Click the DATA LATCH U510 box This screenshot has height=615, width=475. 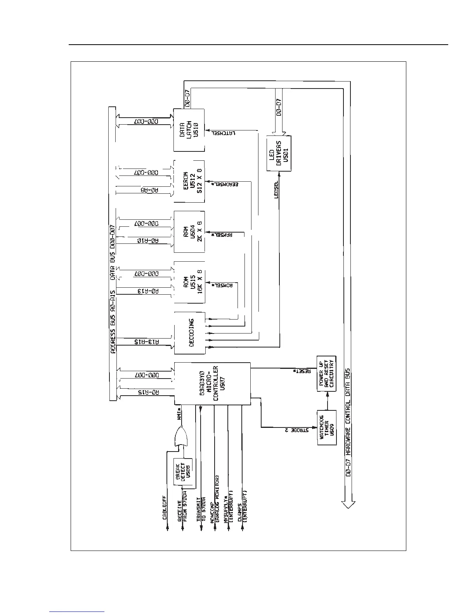(x=189, y=130)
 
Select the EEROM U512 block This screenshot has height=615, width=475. (x=189, y=181)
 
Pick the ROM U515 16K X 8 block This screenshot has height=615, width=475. (x=189, y=282)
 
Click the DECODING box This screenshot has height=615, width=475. (x=189, y=333)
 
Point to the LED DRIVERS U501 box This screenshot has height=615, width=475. (x=279, y=153)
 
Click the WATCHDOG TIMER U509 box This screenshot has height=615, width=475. (x=327, y=427)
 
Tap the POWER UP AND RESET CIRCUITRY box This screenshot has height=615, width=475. (x=327, y=374)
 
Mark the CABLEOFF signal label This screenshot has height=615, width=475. (x=165, y=507)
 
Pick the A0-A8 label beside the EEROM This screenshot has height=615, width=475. (x=147, y=191)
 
